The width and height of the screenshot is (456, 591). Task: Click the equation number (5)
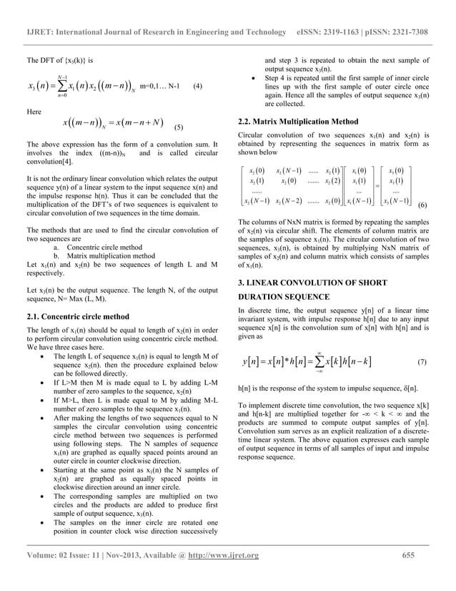(x=179, y=129)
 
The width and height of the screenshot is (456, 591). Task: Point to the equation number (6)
(x=423, y=205)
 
